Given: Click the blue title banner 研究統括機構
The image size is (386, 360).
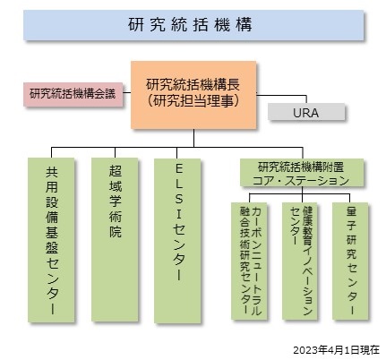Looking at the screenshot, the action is pos(193,25).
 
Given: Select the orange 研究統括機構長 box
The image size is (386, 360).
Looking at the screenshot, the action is pos(193,95).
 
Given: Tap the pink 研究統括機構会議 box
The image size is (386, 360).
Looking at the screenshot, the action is pos(73,94).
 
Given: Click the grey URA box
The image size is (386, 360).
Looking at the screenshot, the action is pos(306,112).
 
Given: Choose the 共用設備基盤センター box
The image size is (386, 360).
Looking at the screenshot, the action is pos(51,240).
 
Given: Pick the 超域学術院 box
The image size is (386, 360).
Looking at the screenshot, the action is pos(115,240).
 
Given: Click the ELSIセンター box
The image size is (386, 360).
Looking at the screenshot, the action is pos(177,241).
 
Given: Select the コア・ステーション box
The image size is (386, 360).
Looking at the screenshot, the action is pos(302,173).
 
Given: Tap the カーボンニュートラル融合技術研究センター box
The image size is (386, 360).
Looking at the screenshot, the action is pos(249,261).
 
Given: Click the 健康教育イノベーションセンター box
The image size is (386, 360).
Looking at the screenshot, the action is pos(300,261).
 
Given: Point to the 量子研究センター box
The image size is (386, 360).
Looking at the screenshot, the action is pos(350,261).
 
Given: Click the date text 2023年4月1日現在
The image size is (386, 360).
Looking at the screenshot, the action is pos(337,350).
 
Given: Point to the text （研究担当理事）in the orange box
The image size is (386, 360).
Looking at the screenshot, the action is pos(193,101).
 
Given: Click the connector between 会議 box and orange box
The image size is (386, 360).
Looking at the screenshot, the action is pos(127,92).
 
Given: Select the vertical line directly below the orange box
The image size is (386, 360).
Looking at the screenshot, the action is pos(193,138).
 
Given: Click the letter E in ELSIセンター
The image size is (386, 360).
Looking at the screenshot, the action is pos(178,169).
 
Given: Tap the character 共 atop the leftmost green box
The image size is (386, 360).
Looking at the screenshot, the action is pos(52,172).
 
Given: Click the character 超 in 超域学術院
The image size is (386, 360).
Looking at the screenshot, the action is pos(116,171).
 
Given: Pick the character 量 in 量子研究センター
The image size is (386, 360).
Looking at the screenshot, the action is pos(351,212).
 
